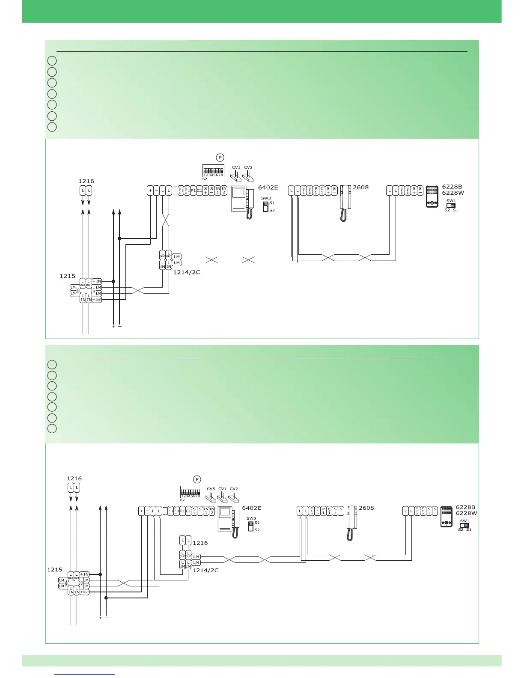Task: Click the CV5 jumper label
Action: pyautogui.click(x=211, y=489)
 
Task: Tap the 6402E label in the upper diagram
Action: pyautogui.click(x=268, y=187)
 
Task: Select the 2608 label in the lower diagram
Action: pyautogui.click(x=366, y=508)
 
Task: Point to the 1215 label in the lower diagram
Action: pyautogui.click(x=54, y=570)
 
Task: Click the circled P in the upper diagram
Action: pyautogui.click(x=220, y=158)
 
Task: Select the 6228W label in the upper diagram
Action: pyautogui.click(x=453, y=193)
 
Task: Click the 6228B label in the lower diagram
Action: pyautogui.click(x=466, y=507)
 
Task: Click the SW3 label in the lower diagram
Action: pyautogui.click(x=251, y=518)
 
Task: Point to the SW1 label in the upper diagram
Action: pyautogui.click(x=451, y=200)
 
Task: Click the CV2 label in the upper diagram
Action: pyautogui.click(x=248, y=167)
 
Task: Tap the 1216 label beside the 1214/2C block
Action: pyautogui.click(x=200, y=543)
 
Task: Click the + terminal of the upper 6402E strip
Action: pyautogui.click(x=150, y=190)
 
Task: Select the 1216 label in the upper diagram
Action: pyautogui.click(x=86, y=181)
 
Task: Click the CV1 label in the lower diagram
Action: pyautogui.click(x=222, y=489)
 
